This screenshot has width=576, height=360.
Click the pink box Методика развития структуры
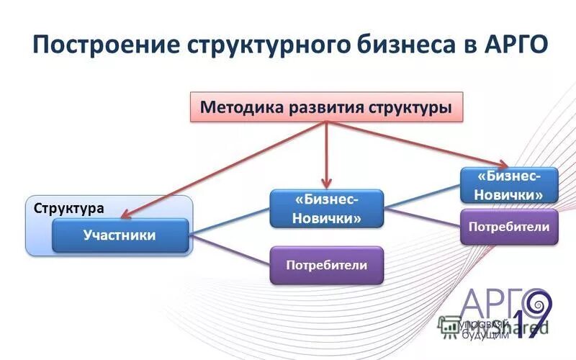click(x=326, y=107)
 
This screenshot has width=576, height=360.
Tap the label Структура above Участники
click(x=69, y=208)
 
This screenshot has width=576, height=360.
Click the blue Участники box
click(x=120, y=235)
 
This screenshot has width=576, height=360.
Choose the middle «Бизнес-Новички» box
click(x=326, y=209)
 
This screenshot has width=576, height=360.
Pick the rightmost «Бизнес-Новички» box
click(x=510, y=185)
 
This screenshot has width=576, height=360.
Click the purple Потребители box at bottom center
click(x=326, y=265)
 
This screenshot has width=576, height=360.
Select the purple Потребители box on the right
click(x=509, y=227)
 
